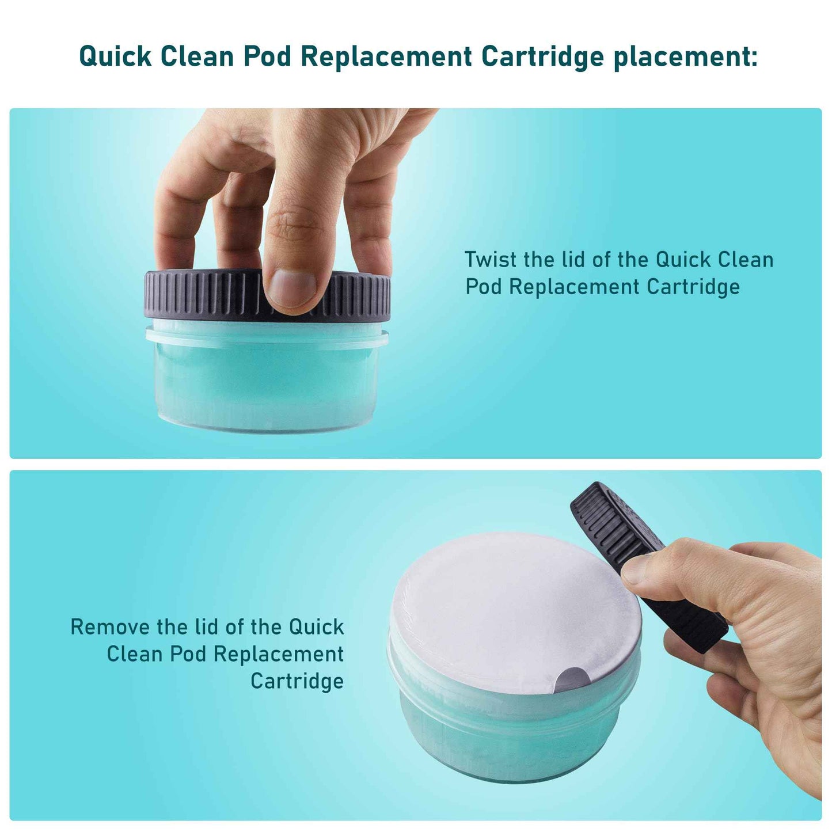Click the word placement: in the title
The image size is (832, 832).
685,57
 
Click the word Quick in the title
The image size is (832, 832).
115,57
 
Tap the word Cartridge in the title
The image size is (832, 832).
542,57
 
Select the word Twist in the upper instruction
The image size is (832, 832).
491,260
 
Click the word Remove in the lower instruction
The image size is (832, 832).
109,626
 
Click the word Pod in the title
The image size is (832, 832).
267,57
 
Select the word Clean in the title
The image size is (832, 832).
196,57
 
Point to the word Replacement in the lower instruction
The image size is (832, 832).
279,654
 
